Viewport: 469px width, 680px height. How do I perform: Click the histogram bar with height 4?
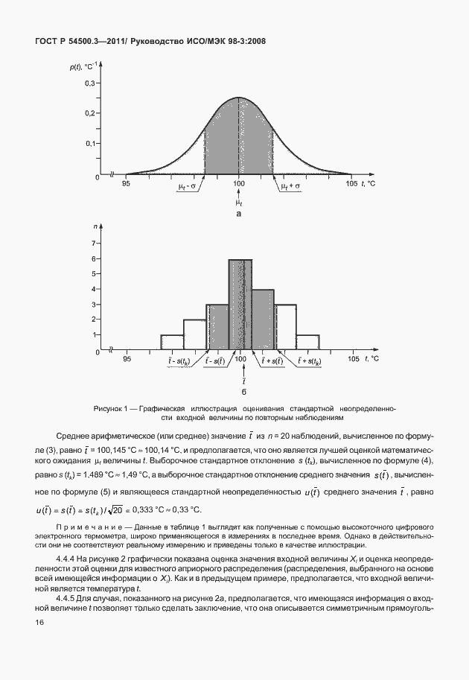tap(264, 320)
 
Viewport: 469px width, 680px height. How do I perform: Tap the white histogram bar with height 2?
tap(195, 334)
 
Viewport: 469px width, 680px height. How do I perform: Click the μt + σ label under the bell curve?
tap(290, 187)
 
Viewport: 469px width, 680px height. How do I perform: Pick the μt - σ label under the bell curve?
tap(188, 187)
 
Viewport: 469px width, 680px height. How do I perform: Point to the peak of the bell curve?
tap(239, 98)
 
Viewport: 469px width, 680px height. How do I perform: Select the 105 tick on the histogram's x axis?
tap(352, 360)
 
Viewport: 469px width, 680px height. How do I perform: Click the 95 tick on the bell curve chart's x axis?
tap(127, 183)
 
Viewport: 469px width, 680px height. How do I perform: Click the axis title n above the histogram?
tap(97, 225)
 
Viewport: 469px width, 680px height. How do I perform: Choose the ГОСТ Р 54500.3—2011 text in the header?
tap(80, 42)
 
